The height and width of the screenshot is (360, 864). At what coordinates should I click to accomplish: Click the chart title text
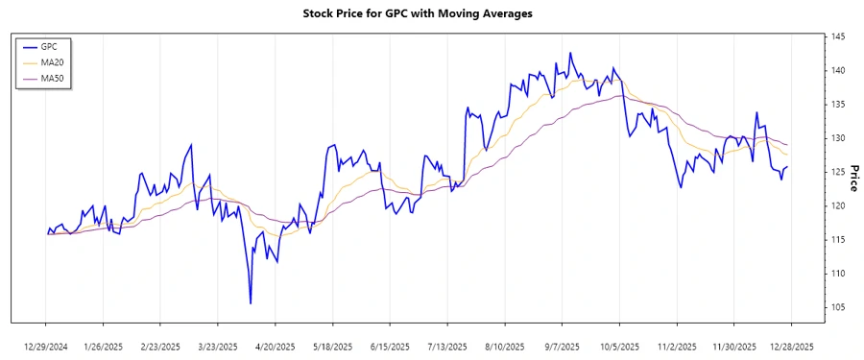(431, 13)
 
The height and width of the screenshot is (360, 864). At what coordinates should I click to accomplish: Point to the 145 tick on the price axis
(837, 37)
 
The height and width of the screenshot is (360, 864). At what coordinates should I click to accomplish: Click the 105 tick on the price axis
(837, 307)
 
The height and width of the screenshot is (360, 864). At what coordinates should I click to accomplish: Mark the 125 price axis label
(837, 173)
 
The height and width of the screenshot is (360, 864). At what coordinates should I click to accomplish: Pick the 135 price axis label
(837, 105)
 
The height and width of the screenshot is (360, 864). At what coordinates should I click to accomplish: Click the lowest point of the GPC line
(251, 303)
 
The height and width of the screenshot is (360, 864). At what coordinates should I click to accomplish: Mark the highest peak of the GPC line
(570, 53)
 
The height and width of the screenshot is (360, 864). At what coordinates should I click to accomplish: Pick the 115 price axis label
(837, 240)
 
